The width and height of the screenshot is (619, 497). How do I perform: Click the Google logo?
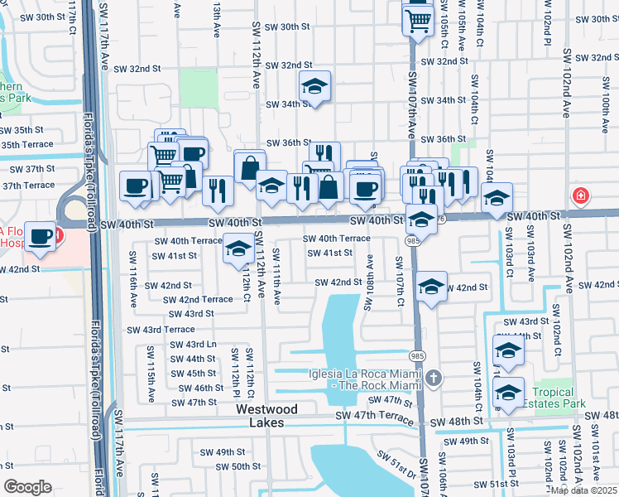(26, 487)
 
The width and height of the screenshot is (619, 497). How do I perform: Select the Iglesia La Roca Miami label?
(365, 379)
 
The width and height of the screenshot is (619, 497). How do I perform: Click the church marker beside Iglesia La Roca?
(434, 379)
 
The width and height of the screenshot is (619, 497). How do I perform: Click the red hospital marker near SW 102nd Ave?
(581, 196)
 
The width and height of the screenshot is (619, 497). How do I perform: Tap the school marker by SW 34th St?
(314, 86)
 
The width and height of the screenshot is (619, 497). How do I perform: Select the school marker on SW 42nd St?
(431, 287)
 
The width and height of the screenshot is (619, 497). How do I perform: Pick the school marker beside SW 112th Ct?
(238, 248)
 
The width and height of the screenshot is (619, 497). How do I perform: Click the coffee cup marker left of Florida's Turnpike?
(40, 236)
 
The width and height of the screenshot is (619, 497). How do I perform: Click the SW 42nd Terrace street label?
(194, 299)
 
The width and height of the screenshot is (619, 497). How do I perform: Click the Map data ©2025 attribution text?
(583, 490)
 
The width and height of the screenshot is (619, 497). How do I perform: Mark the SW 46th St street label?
(201, 388)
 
